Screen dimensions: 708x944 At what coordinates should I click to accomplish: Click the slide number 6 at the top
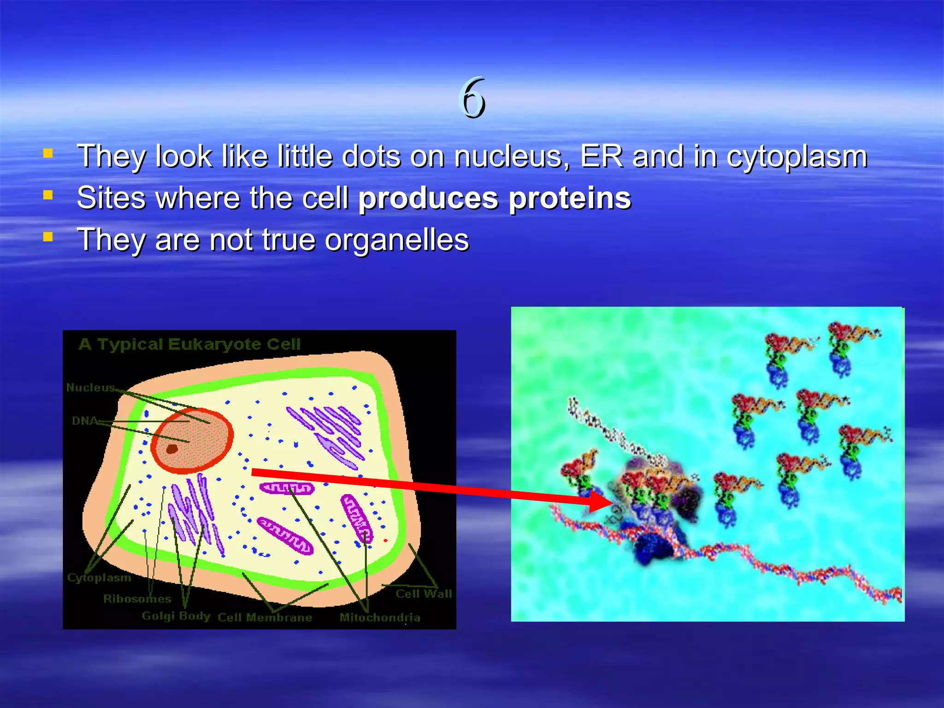pyautogui.click(x=473, y=98)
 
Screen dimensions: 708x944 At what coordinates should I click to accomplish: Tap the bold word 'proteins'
pyautogui.click(x=570, y=199)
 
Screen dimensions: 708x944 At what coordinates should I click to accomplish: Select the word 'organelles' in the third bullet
pyautogui.click(x=396, y=241)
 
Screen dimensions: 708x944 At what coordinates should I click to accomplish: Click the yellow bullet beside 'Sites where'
pyautogui.click(x=48, y=195)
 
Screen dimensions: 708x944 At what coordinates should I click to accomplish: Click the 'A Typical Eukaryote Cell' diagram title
pyautogui.click(x=189, y=344)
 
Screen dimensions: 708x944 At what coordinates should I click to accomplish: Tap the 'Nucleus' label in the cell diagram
pyautogui.click(x=90, y=388)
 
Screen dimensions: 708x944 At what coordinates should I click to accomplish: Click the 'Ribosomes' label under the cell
pyautogui.click(x=137, y=599)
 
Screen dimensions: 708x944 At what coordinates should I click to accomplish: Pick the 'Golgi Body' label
pyautogui.click(x=176, y=616)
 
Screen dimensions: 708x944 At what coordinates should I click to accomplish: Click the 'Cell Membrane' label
pyautogui.click(x=265, y=618)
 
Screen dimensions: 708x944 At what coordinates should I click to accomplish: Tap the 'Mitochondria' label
pyautogui.click(x=380, y=618)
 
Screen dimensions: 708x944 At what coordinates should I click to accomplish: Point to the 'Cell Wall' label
pyautogui.click(x=424, y=594)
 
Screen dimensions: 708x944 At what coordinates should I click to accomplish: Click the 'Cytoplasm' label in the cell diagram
pyautogui.click(x=99, y=578)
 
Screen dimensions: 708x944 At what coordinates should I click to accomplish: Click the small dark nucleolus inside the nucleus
pyautogui.click(x=172, y=448)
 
